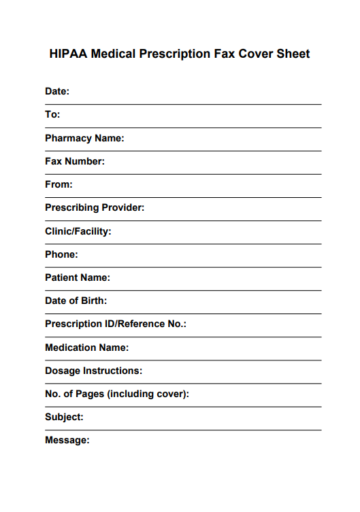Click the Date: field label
57,91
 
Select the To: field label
52,114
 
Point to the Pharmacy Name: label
84,138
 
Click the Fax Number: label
75,161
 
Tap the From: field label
59,184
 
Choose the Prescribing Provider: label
95,207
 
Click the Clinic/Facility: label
78,231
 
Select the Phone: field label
61,254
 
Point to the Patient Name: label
78,277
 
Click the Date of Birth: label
76,301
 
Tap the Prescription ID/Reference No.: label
116,324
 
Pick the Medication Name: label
86,347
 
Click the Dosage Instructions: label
94,371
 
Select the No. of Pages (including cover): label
117,394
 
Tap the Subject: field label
64,417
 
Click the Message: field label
67,440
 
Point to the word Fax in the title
224,54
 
